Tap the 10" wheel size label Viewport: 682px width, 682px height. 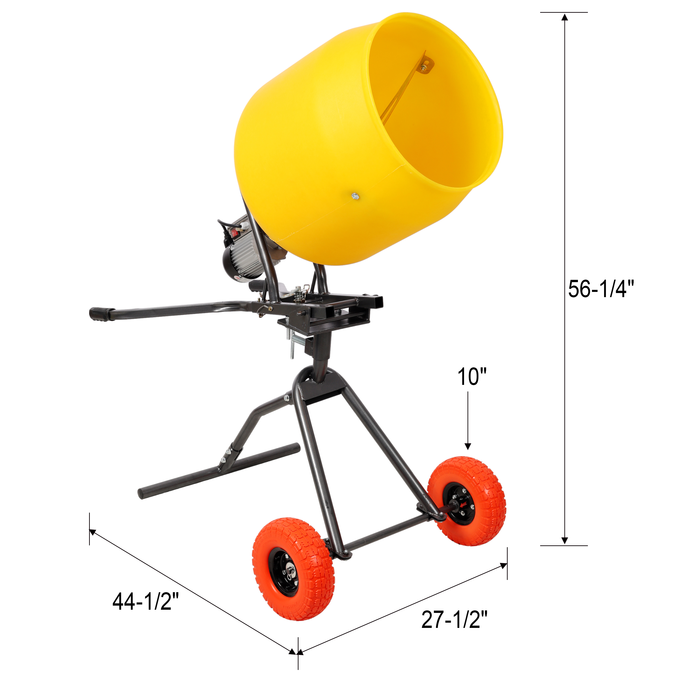472,377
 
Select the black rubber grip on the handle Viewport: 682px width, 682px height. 100,313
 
